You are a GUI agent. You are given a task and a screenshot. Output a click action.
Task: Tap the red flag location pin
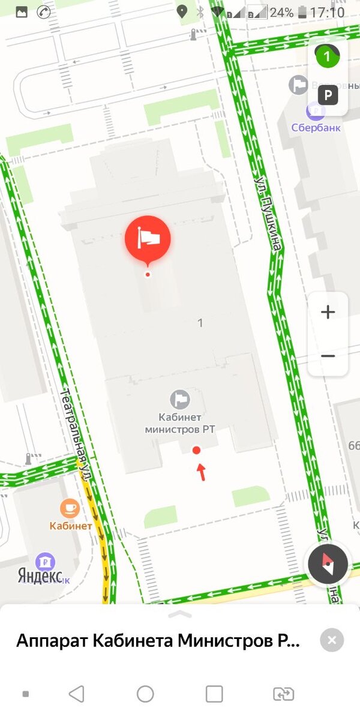click(148, 239)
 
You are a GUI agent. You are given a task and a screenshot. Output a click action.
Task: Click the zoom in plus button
click(328, 312)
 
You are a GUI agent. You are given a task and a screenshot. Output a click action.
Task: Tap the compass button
click(328, 565)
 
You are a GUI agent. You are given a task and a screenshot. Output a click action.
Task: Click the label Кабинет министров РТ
click(179, 423)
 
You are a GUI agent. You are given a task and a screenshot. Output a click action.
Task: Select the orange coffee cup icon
click(70, 509)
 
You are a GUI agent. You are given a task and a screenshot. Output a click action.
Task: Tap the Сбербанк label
click(316, 127)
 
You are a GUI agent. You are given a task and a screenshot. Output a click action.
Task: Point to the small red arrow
click(202, 472)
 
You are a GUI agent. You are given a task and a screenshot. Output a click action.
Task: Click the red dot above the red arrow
click(196, 451)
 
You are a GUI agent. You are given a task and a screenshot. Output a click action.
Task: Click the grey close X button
click(332, 640)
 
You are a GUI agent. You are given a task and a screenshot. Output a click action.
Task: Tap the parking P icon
click(328, 95)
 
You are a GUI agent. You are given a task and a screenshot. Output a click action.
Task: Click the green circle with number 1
click(327, 57)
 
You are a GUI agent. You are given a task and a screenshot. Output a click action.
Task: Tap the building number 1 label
click(200, 323)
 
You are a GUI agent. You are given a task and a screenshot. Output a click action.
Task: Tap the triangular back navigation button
click(76, 694)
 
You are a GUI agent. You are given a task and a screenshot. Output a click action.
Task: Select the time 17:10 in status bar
click(328, 13)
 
